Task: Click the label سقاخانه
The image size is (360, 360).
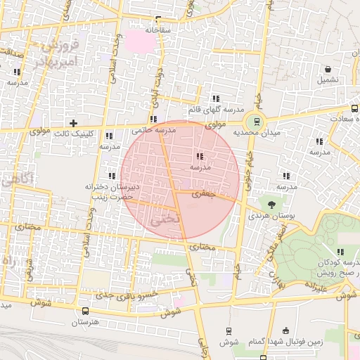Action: (159, 30)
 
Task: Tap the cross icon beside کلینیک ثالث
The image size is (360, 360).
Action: (72, 123)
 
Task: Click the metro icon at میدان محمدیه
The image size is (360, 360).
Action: (256, 121)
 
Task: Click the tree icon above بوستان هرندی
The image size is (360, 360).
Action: (271, 204)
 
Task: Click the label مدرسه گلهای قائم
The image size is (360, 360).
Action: (216, 110)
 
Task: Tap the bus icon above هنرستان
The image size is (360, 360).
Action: (85, 311)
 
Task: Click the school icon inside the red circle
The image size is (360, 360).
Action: (200, 157)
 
